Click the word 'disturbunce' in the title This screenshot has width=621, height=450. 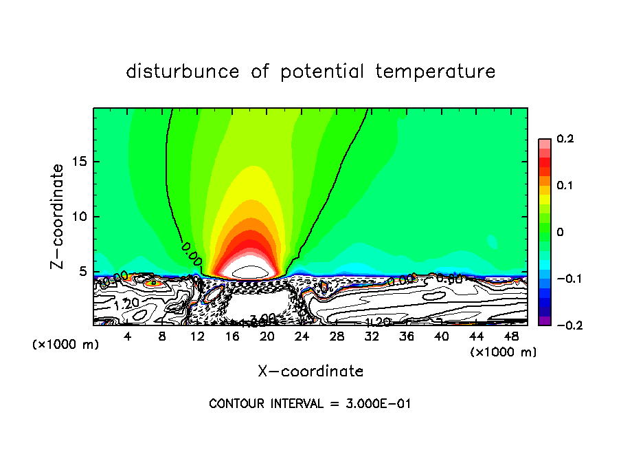tap(182, 72)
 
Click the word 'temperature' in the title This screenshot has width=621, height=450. tap(436, 72)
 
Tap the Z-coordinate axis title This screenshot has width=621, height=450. tap(58, 216)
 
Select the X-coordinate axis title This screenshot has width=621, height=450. tap(310, 372)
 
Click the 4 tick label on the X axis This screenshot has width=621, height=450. tap(128, 336)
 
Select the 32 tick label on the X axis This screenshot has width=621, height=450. tap(372, 336)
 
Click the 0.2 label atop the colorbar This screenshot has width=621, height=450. tap(565, 139)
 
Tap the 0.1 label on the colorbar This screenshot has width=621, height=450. tap(565, 186)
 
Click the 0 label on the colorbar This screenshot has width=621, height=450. tap(561, 233)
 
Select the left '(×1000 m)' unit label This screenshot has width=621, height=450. tap(65, 345)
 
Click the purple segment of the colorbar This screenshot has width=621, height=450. tap(545, 321)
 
